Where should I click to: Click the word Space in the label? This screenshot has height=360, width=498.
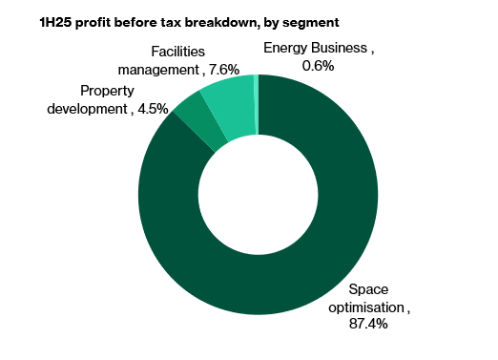click(368, 289)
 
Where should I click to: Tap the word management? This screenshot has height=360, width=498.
click(156, 69)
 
